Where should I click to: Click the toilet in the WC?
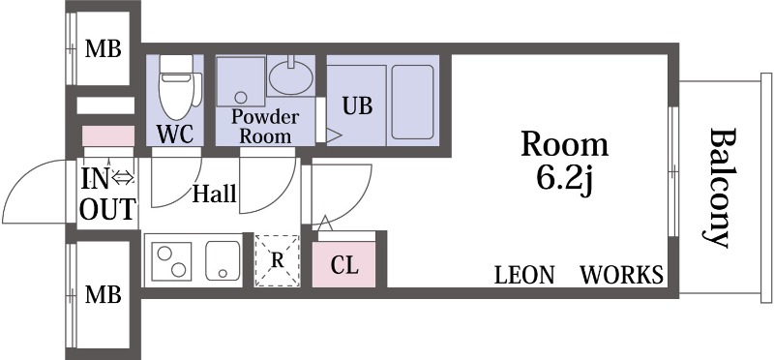(177, 86)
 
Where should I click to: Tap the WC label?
(175, 134)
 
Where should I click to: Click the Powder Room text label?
(265, 126)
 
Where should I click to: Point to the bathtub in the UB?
(413, 103)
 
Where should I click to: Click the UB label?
(358, 106)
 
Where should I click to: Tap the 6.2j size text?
(564, 179)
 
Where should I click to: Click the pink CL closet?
(344, 264)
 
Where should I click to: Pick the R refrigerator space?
(278, 260)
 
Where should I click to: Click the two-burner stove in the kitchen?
(171, 261)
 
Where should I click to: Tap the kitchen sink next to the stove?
(223, 260)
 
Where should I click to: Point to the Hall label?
(214, 195)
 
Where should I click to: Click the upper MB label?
(104, 49)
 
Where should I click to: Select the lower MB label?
(104, 294)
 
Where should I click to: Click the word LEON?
(524, 275)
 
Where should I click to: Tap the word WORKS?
(621, 275)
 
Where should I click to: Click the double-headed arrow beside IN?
(123, 177)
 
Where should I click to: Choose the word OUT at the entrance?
(107, 209)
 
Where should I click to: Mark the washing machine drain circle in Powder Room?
(241, 97)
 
